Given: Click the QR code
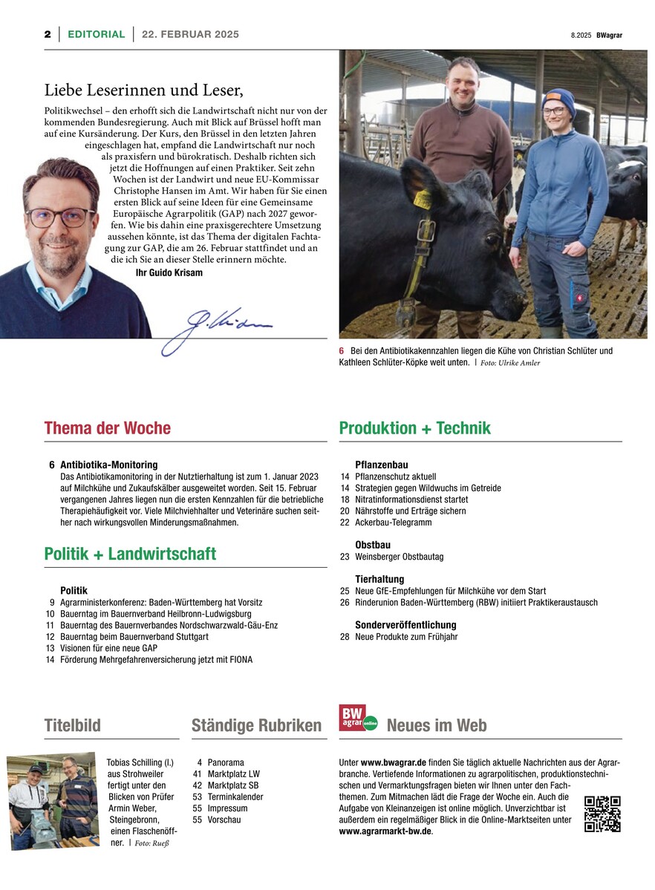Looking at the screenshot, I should point(602,814).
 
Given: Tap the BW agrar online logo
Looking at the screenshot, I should point(358,718).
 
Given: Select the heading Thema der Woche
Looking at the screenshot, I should point(108,428).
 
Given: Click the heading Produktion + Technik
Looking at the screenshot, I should point(414,428).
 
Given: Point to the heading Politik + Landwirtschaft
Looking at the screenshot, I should point(130,554).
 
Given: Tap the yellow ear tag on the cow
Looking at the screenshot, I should point(423,199).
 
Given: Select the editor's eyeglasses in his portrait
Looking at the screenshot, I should point(61,217).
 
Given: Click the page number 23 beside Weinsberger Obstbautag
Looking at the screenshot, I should point(345,557).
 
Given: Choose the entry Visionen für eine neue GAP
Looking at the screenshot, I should point(108,648).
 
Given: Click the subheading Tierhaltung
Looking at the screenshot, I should point(379,579).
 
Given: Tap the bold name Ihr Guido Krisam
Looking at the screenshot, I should point(169,273).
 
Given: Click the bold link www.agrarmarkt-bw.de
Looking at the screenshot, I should point(385,831).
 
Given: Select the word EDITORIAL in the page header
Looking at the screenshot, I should point(97,34).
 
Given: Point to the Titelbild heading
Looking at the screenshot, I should point(72,725).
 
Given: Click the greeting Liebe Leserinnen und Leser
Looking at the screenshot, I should point(143,91).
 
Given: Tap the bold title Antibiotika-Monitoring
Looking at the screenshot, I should point(108,465).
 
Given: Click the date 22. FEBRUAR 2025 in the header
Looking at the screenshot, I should point(191,34).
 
